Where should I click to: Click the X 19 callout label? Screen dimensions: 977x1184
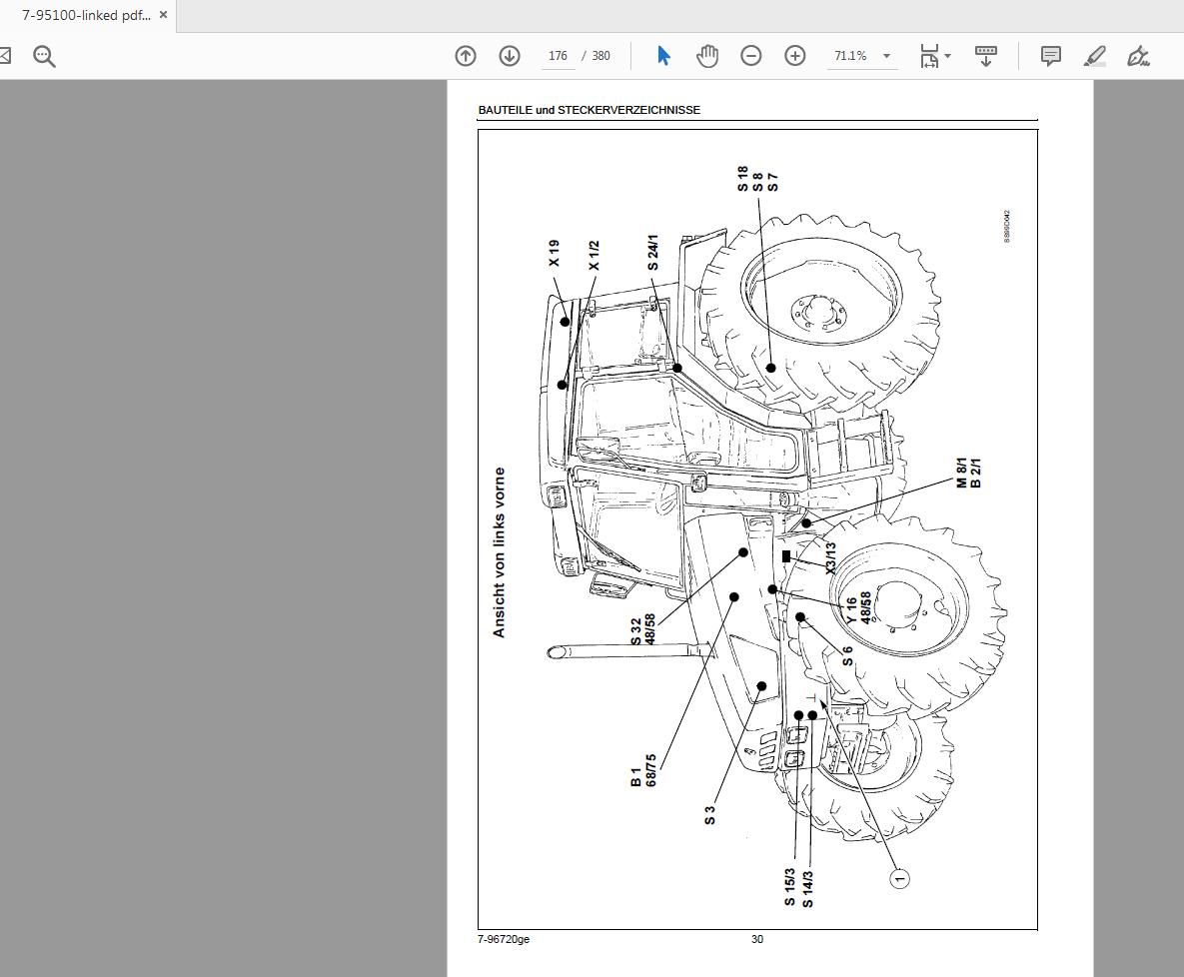click(x=555, y=253)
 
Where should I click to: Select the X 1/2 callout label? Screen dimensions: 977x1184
click(x=593, y=255)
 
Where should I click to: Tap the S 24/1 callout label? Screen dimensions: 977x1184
click(x=652, y=253)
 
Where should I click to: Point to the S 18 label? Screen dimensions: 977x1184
click(x=742, y=180)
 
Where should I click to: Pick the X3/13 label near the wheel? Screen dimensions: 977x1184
click(x=830, y=558)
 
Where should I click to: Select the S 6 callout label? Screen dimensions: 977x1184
click(x=847, y=656)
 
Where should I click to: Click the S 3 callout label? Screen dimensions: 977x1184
click(x=709, y=815)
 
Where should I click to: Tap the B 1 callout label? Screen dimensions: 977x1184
click(x=636, y=776)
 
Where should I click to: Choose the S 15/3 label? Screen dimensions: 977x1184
click(x=789, y=887)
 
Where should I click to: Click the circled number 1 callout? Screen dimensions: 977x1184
click(x=899, y=879)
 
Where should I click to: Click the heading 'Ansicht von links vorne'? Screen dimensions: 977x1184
click(x=500, y=552)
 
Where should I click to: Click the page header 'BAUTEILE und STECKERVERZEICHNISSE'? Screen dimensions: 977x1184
click(x=589, y=110)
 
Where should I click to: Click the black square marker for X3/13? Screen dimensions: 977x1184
click(x=786, y=556)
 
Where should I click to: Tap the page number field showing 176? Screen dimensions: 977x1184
click(x=558, y=56)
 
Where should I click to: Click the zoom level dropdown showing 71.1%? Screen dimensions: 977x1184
click(x=861, y=56)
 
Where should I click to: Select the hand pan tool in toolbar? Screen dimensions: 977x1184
click(x=707, y=56)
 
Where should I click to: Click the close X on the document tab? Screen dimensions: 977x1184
click(x=163, y=15)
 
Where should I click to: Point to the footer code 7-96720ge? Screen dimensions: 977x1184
click(x=504, y=939)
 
